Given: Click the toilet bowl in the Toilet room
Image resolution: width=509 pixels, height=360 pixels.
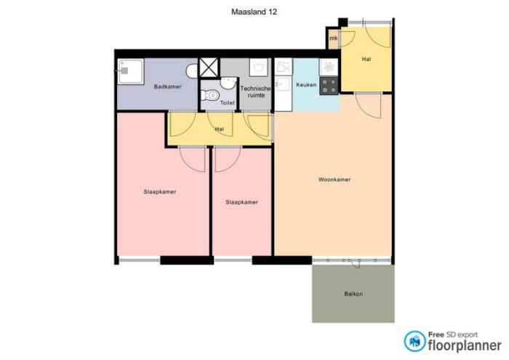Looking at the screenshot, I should (x=211, y=95).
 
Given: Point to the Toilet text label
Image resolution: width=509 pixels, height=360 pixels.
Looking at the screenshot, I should (x=228, y=103).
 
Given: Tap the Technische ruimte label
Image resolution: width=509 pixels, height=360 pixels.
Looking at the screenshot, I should (x=260, y=91).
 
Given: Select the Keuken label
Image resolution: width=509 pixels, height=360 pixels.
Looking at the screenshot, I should (x=306, y=86).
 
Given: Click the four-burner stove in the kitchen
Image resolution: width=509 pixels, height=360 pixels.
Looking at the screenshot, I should (x=329, y=86).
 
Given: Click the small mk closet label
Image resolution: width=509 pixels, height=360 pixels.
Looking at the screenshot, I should (x=334, y=38).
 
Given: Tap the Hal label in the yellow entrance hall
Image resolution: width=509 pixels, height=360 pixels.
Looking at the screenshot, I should (x=366, y=59).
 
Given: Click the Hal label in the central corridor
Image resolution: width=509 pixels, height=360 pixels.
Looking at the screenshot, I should (x=219, y=129).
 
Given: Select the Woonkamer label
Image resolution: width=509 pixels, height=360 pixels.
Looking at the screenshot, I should (x=334, y=179).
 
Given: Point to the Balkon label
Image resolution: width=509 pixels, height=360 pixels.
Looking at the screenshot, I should (x=353, y=294).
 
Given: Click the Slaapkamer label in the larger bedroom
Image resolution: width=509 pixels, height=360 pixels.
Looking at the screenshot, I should (x=160, y=192).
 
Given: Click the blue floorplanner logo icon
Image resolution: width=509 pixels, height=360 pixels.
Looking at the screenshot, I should (x=415, y=340).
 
